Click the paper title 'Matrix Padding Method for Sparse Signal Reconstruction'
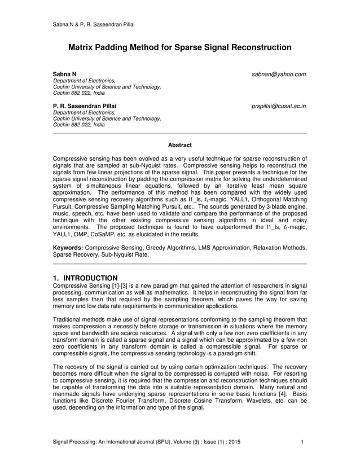pos(179,48)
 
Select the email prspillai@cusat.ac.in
pos(279,105)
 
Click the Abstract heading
pos(180,145)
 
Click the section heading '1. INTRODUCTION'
pos(85,278)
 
